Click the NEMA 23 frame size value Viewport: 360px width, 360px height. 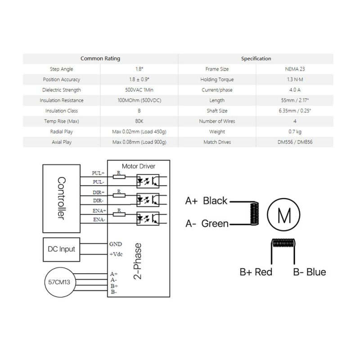pos(295,69)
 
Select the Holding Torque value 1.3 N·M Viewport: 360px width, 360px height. pos(295,80)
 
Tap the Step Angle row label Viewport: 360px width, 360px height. pos(61,69)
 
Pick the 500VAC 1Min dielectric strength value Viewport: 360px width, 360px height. pos(139,90)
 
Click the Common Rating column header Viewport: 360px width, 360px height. pos(100,58)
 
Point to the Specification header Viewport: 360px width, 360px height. pos(256,58)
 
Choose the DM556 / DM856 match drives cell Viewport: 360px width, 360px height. pos(295,142)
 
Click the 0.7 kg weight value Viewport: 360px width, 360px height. pos(295,132)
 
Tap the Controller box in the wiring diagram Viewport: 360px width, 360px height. pos(62,198)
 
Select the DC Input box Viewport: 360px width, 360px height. pos(62,250)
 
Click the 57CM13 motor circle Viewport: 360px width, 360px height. pos(59,282)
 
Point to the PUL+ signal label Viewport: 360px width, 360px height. pos(98,173)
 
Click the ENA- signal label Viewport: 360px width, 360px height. pos(99,220)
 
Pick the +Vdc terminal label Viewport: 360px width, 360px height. pos(116,254)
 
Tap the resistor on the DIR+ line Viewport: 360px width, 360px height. pos(119,195)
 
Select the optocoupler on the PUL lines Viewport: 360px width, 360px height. pos(148,181)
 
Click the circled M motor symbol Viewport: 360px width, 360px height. pos(283,215)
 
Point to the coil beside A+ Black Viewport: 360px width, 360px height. pos(254,213)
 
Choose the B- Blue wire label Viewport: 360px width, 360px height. pos(310,272)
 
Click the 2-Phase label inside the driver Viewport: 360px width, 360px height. pos(138,261)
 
